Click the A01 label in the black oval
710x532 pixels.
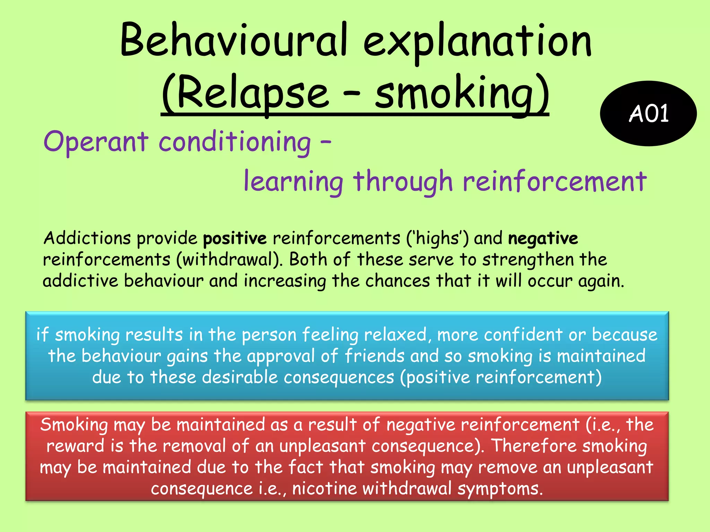(x=649, y=114)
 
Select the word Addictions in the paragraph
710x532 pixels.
(x=87, y=238)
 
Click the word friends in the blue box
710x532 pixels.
(x=374, y=356)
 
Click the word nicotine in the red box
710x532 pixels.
(x=324, y=489)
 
